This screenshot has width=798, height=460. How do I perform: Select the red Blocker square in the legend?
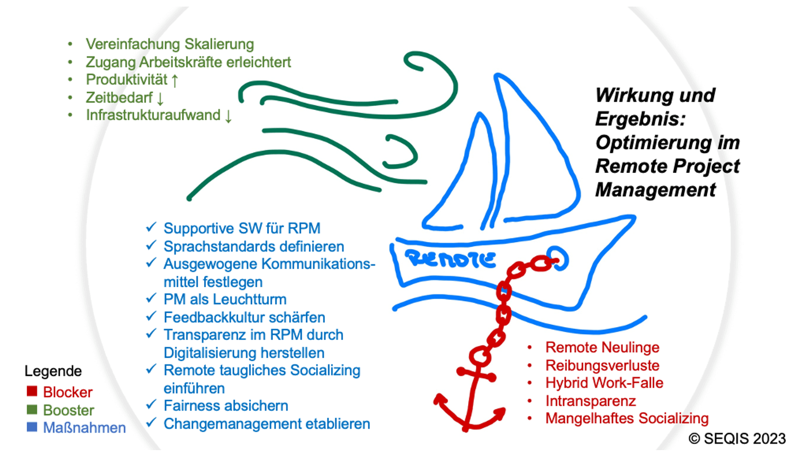click(x=32, y=392)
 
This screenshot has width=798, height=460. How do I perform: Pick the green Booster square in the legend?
click(x=32, y=410)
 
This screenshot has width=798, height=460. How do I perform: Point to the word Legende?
click(x=53, y=371)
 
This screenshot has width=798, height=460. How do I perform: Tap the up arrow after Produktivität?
click(x=175, y=80)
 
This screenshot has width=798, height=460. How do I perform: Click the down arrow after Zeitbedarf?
click(x=160, y=98)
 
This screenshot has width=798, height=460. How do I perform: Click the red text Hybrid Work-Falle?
click(x=604, y=383)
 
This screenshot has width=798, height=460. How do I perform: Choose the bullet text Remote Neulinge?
click(x=602, y=347)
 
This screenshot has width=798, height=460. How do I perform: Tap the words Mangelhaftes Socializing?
click(x=627, y=418)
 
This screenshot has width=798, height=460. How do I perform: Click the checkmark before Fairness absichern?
click(x=150, y=406)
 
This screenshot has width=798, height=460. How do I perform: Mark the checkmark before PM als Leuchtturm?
click(x=150, y=299)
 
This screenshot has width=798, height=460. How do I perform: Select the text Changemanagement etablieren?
click(x=267, y=424)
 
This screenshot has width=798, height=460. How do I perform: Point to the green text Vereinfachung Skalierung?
click(x=170, y=44)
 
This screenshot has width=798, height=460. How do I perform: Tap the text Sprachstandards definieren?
click(x=254, y=245)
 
